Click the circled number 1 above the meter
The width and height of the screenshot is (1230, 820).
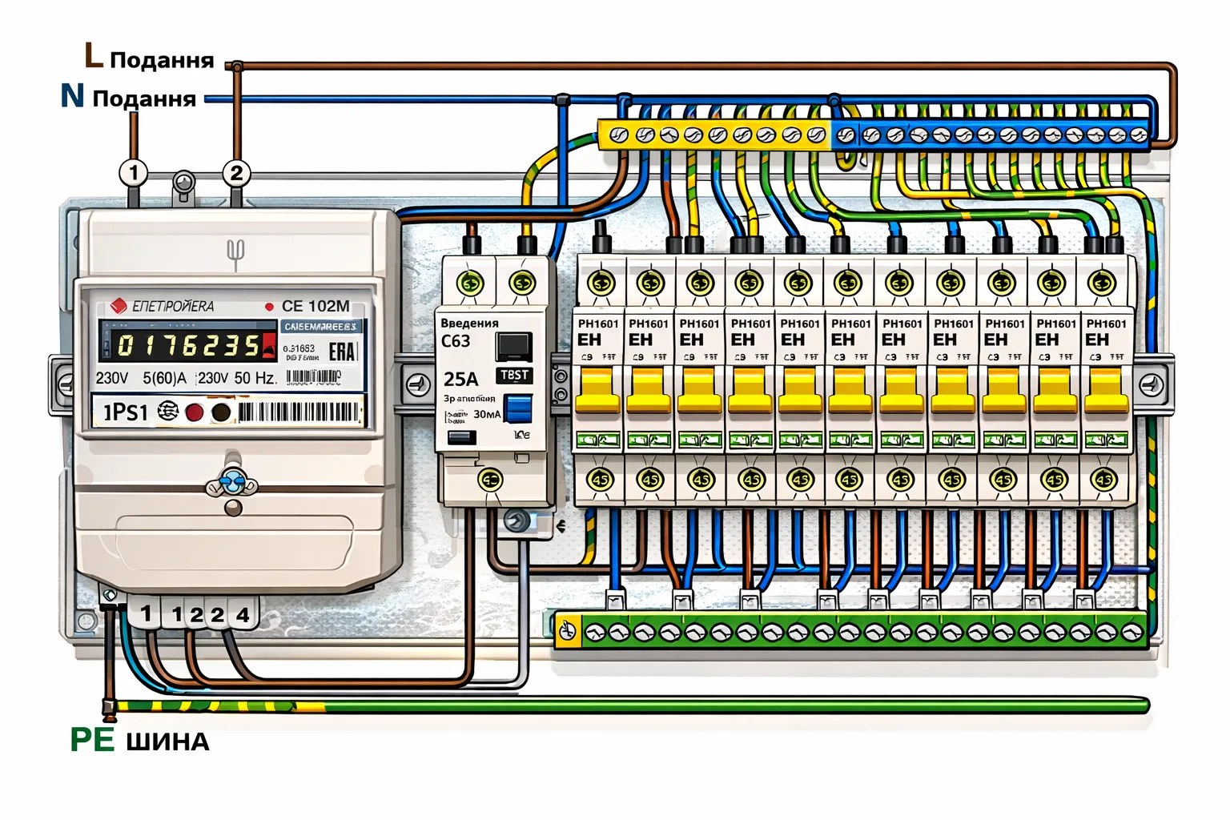click(134, 172)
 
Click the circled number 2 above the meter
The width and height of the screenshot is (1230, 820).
click(235, 173)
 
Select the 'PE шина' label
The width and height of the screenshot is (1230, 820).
click(140, 740)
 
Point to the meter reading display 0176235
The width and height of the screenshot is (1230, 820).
click(187, 345)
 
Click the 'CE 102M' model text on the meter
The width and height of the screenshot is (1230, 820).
click(316, 306)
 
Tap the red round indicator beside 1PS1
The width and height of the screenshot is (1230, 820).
click(195, 412)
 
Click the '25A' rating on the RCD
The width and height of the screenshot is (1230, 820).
click(460, 379)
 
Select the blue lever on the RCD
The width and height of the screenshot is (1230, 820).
click(519, 408)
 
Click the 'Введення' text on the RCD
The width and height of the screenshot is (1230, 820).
click(469, 323)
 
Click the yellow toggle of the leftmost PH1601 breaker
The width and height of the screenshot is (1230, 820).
click(598, 390)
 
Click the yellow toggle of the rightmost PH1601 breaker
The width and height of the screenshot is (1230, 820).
click(1106, 390)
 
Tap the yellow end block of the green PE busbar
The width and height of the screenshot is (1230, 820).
click(568, 631)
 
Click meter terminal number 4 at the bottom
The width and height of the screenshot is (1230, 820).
click(243, 615)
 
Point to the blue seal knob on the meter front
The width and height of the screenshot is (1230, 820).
click(232, 482)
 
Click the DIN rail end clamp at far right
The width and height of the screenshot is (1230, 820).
click(1152, 385)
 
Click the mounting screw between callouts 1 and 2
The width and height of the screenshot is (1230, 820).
click(184, 183)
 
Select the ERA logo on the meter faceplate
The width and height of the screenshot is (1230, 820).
click(341, 351)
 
